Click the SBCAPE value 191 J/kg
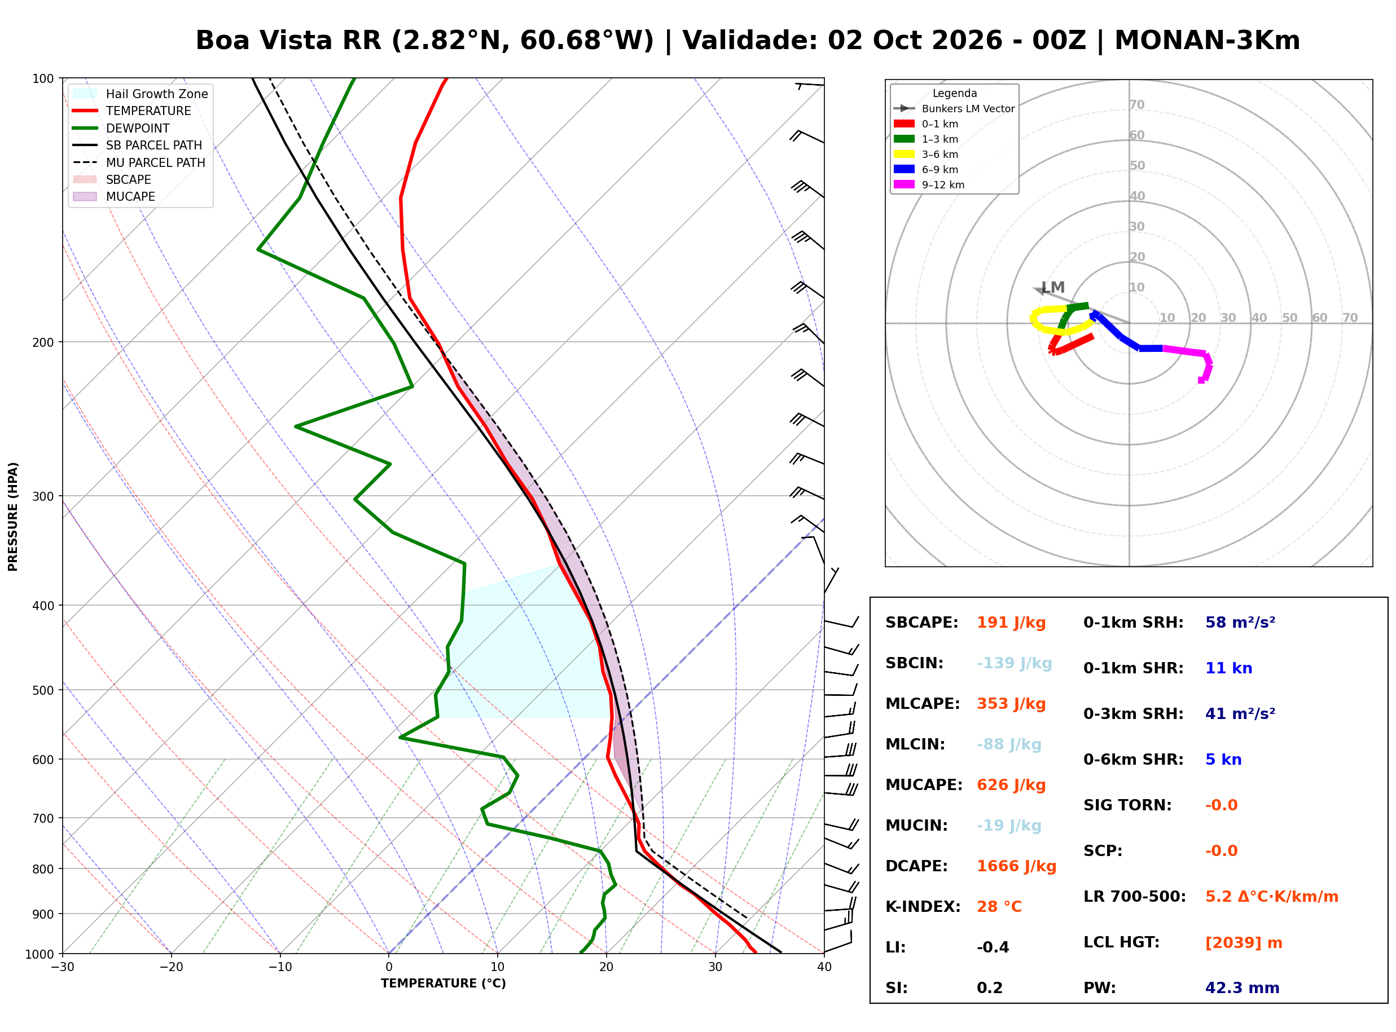(x=1011, y=623)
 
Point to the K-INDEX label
(x=923, y=907)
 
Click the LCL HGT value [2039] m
(x=1244, y=943)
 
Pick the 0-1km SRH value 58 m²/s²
(x=1240, y=623)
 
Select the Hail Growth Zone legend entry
(x=140, y=94)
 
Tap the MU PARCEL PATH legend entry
(x=139, y=162)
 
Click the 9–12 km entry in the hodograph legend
(x=929, y=185)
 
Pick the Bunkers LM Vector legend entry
(x=954, y=109)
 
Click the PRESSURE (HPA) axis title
(x=13, y=517)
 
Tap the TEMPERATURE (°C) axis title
(x=443, y=984)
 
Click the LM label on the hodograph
(x=1052, y=288)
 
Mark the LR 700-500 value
(x=1272, y=897)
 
